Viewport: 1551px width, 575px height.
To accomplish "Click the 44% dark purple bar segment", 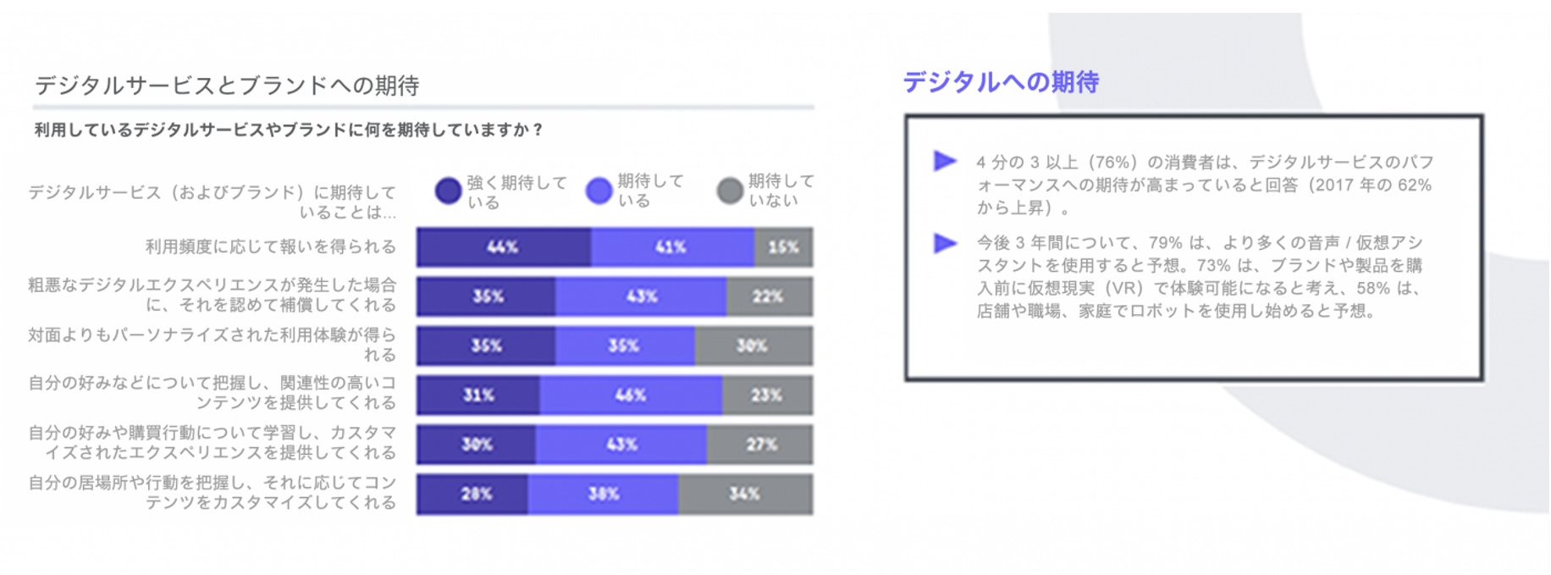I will tap(503, 247).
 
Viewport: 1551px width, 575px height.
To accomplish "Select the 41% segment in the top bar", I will tap(672, 247).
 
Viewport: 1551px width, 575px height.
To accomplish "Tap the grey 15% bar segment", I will tap(783, 247).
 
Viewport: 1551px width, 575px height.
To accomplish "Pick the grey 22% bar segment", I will tap(769, 296).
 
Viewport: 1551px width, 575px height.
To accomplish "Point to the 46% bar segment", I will tap(631, 395).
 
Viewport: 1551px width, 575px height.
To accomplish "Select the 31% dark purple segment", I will tap(478, 395).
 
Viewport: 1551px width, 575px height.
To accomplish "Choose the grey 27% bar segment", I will tap(759, 445).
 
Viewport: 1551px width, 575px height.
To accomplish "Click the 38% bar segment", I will tap(603, 494).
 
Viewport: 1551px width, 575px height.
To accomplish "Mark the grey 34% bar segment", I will tap(745, 494).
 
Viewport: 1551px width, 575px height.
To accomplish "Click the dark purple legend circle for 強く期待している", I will tap(448, 191).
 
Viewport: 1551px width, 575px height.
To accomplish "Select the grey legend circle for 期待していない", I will tap(730, 191).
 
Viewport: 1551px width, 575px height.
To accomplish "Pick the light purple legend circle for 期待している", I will tap(599, 191).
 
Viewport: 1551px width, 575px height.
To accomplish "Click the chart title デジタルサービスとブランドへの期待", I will tap(227, 86).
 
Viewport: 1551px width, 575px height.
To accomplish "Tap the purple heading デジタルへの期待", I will tap(1001, 82).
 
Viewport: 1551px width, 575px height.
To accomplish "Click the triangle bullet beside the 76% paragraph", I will tap(945, 161).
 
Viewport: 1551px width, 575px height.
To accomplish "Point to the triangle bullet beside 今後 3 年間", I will tap(945, 243).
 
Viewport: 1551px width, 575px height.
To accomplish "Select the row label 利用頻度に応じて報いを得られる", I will tap(271, 246).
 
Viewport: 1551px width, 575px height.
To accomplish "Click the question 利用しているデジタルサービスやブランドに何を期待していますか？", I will tap(289, 130).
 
